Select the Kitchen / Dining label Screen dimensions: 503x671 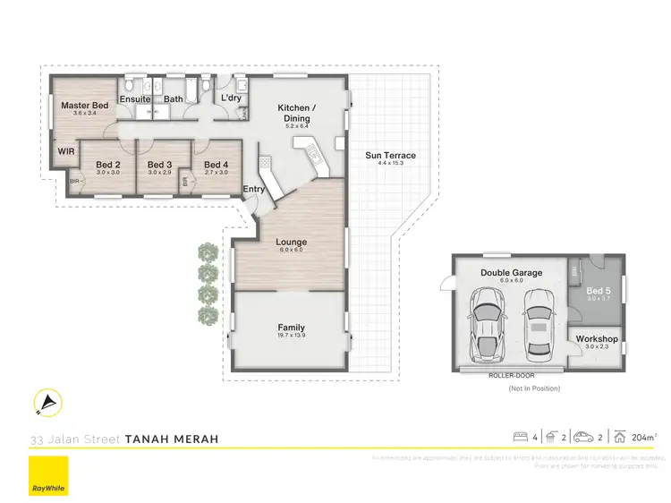pos(294,113)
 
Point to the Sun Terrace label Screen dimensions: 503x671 pos(390,156)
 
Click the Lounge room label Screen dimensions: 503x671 pos(291,242)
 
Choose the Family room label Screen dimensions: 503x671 pos(291,328)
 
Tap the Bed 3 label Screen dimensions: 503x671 pos(160,165)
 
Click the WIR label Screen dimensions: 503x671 pos(66,152)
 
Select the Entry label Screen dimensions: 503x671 pos(254,189)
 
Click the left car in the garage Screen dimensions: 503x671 pos(487,323)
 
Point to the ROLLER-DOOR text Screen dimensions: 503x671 pos(511,377)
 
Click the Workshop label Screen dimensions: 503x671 pos(596,339)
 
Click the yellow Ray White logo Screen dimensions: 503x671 pos(48,477)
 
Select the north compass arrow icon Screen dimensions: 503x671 pos(46,404)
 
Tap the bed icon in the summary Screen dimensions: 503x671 pos(520,437)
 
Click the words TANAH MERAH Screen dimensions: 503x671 pos(172,439)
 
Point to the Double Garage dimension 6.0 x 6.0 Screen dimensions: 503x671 pos(511,281)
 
